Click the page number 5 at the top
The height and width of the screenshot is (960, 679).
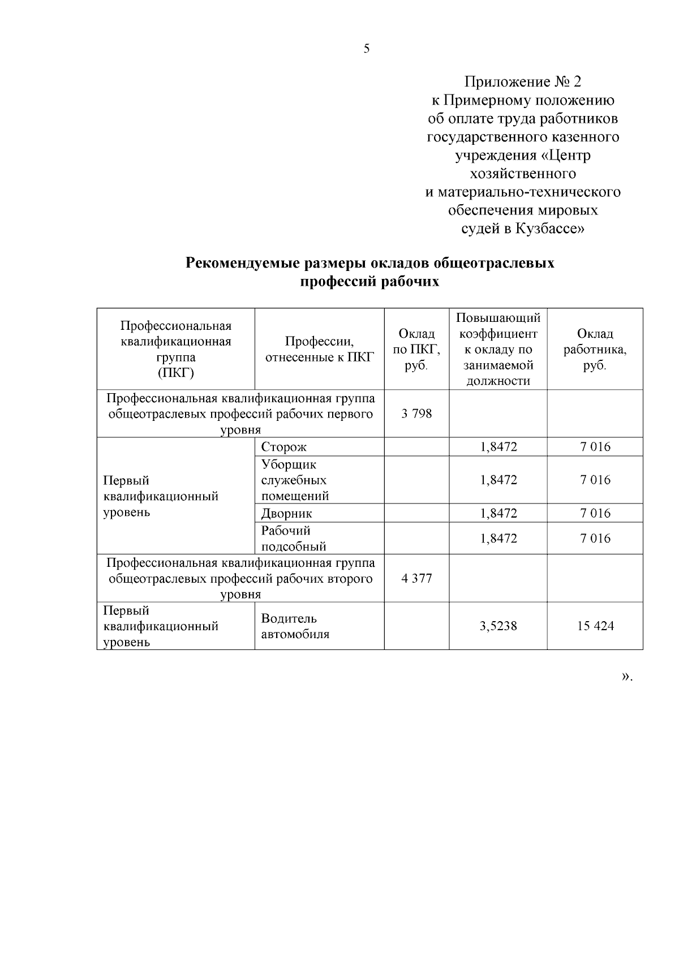[367, 49]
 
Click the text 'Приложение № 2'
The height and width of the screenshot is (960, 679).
[522, 83]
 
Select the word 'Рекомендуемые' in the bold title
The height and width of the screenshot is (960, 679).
[242, 264]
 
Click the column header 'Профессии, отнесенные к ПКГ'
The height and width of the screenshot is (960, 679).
[320, 349]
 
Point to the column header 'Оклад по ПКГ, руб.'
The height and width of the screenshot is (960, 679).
[416, 349]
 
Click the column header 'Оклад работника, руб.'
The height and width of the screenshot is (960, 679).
[595, 349]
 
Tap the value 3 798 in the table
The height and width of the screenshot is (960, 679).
[416, 414]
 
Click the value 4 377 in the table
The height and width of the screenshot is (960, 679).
[416, 578]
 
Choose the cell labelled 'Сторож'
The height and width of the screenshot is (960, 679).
[284, 447]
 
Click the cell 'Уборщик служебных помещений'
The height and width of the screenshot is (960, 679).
[295, 480]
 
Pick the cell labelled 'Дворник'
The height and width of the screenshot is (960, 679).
[287, 513]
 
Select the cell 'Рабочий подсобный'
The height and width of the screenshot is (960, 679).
[294, 538]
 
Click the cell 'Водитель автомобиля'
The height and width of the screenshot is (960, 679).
[295, 626]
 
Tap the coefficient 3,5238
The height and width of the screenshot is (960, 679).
[498, 626]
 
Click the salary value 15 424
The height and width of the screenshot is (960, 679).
[595, 626]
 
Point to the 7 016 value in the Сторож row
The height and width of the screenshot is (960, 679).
[595, 447]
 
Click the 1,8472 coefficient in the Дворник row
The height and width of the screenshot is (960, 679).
[498, 513]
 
